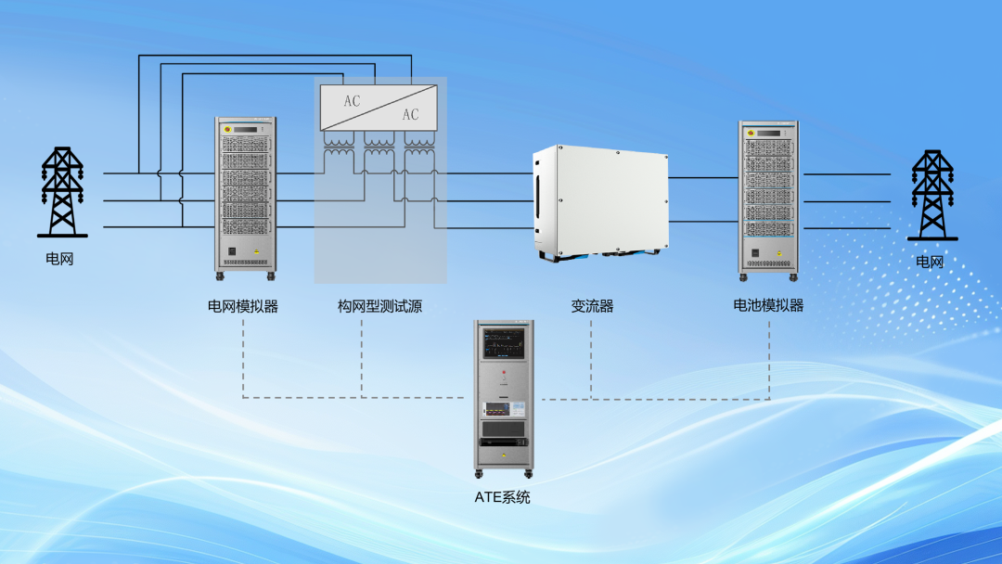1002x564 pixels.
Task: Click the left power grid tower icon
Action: coord(62,192)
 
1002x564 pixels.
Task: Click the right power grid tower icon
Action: coord(932,195)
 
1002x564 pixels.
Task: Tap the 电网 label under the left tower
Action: coord(59,259)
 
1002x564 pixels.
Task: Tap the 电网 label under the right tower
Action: coord(930,262)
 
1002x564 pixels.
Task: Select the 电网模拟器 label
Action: coord(243,307)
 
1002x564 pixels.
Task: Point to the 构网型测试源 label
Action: coord(379,307)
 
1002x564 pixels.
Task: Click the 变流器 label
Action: coord(592,307)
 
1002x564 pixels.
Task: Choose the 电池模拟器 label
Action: coord(768,305)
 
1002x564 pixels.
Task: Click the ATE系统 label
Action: coord(502,497)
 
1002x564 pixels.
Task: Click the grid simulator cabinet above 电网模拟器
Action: coord(245,199)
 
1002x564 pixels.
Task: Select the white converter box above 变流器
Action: coord(600,203)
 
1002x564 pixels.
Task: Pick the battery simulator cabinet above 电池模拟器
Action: coord(769,201)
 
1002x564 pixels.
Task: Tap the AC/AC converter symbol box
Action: coord(379,108)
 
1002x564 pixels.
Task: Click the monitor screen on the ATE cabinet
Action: coord(504,343)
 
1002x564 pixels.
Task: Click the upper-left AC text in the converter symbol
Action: coord(353,101)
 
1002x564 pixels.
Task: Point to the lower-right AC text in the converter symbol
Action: coord(410,114)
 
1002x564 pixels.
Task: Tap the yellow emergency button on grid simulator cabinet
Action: coord(227,130)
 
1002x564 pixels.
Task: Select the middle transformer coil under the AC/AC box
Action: coord(379,145)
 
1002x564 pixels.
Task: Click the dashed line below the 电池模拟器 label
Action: coord(769,360)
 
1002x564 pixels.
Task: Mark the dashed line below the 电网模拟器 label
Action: coord(243,358)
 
